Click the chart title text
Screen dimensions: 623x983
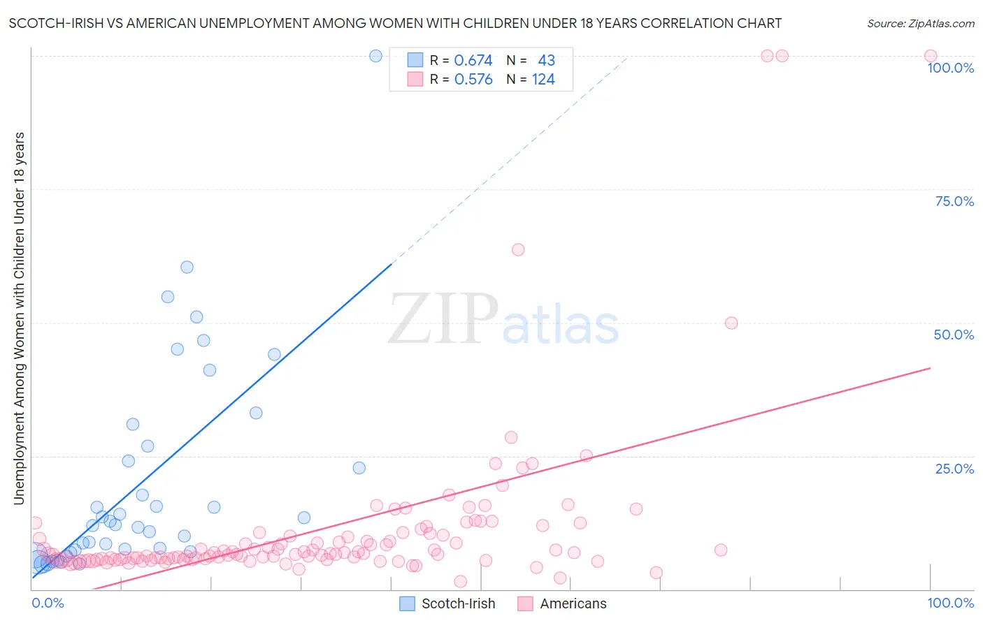click(x=395, y=23)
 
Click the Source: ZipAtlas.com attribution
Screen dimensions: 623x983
click(x=921, y=23)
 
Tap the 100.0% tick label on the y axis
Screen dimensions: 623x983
click(x=950, y=68)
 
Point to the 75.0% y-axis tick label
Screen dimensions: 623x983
click(x=954, y=201)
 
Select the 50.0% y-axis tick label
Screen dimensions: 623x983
click(x=954, y=335)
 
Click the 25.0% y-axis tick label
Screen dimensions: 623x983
click(x=954, y=469)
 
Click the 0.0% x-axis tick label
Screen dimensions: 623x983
click(x=48, y=603)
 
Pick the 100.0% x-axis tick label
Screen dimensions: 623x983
click(x=950, y=603)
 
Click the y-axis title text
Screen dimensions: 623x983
click(x=20, y=318)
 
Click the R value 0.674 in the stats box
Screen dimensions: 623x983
click(x=473, y=61)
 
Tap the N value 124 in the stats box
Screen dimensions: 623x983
click(x=543, y=80)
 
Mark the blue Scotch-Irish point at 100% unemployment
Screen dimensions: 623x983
click(x=375, y=56)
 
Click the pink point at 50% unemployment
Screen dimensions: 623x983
click(x=731, y=323)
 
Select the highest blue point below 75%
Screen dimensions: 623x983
click(x=187, y=267)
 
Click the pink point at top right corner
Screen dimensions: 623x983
click(x=931, y=56)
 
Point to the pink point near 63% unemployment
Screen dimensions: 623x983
click(x=518, y=249)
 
